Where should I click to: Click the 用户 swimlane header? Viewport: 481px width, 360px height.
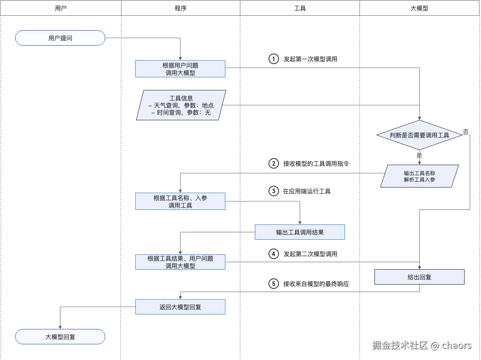coord(61,8)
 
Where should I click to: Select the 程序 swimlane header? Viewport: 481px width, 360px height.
coord(181,8)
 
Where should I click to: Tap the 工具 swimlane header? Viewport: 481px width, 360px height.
coord(300,8)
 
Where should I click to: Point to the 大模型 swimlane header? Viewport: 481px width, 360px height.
coord(419,8)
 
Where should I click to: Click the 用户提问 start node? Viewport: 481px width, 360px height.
coord(60,38)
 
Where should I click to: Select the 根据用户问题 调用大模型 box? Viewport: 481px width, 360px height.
coord(181,69)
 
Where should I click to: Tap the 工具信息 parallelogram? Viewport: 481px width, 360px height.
coord(181,105)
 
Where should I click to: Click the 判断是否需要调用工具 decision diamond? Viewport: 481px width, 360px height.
coord(419,135)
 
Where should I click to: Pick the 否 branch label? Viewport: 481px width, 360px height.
coord(466,132)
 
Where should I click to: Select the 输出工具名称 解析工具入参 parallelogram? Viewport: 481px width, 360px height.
coord(419,176)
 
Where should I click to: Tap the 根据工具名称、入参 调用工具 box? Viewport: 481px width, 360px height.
coord(181,202)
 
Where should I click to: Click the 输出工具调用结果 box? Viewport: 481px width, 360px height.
coord(300,232)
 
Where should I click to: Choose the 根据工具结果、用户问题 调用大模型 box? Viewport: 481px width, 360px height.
coord(181,262)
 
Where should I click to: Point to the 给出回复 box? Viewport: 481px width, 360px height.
coord(419,277)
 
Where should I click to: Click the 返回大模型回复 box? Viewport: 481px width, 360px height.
coord(181,307)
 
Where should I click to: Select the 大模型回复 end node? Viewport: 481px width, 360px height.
coord(60,337)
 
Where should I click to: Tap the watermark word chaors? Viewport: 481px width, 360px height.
coord(456,345)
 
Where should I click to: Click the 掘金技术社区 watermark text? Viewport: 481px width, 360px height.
coord(399,345)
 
